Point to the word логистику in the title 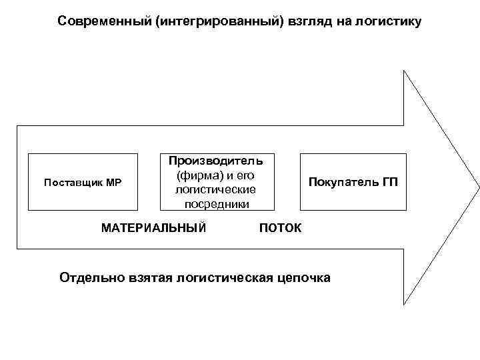(390, 21)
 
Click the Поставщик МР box (82, 182)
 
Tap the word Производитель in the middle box (215, 161)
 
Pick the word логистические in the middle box (215, 190)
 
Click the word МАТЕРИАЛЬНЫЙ (153, 228)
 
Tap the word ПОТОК (280, 228)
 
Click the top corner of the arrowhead (405, 71)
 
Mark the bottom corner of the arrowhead (405, 305)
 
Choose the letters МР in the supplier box (113, 182)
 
